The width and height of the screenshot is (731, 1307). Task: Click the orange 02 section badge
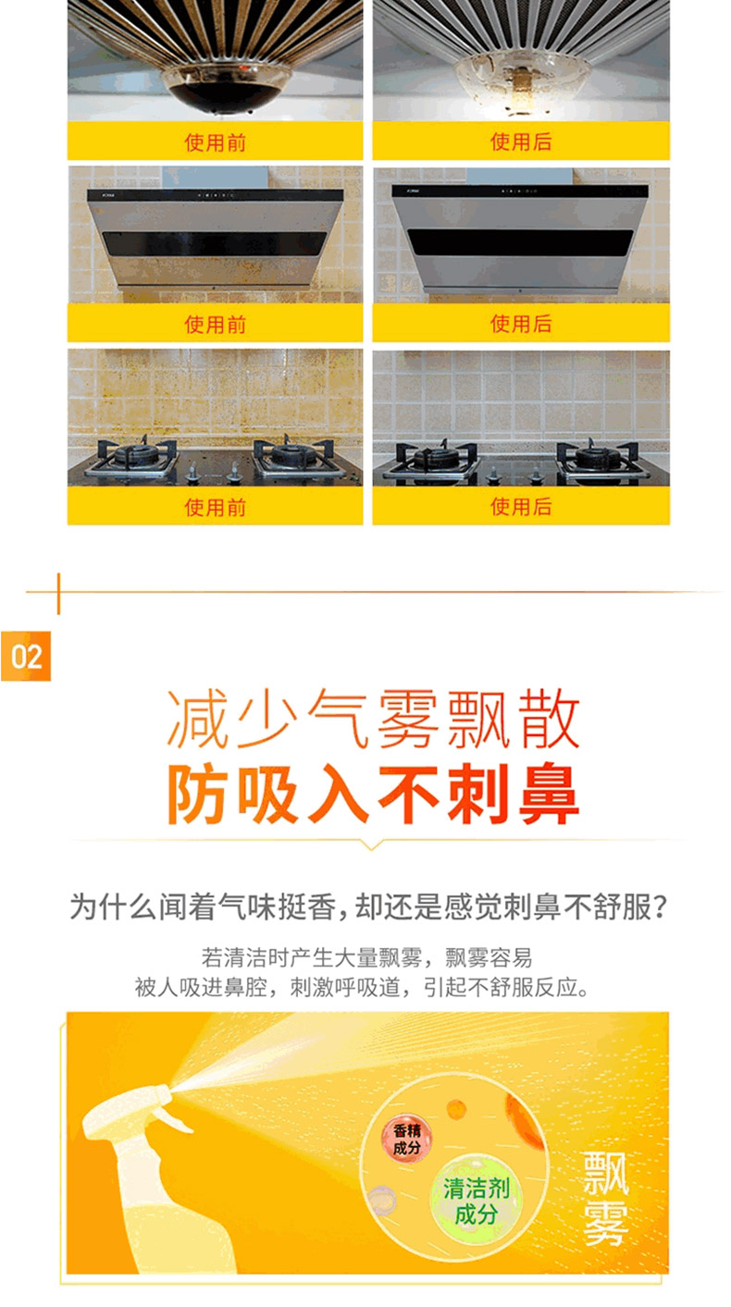click(26, 656)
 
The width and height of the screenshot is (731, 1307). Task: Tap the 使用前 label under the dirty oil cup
click(215, 142)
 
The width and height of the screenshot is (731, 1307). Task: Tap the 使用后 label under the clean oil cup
click(521, 142)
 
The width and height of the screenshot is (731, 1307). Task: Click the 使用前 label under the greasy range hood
click(215, 325)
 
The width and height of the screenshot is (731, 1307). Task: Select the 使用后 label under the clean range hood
click(521, 323)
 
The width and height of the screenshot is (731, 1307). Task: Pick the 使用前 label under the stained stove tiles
click(215, 507)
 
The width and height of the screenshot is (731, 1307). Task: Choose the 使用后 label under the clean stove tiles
click(521, 507)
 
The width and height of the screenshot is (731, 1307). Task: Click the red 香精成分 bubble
click(407, 1139)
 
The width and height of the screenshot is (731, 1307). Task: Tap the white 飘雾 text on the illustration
click(606, 1199)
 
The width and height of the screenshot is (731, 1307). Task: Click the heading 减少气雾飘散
click(373, 719)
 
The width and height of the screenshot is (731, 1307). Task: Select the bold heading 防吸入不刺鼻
click(373, 795)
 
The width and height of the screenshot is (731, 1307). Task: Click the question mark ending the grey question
click(659, 907)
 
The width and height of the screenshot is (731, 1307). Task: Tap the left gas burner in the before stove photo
click(135, 456)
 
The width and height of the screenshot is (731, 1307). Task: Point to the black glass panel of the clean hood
click(520, 241)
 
